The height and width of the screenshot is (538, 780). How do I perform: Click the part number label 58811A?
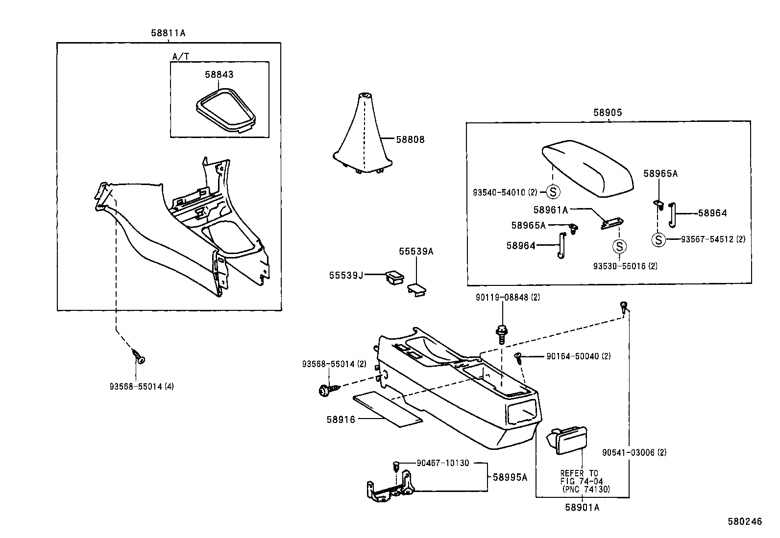168,33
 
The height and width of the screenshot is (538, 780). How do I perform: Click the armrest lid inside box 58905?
587,169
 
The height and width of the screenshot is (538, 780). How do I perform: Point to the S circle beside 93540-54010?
553,192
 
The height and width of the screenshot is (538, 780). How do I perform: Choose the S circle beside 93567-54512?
658,239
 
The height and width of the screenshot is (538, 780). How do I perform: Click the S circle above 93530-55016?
619,247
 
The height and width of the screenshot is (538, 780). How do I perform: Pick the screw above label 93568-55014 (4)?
138,357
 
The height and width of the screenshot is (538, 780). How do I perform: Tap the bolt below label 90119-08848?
501,334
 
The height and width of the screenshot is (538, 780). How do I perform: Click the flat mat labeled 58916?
388,409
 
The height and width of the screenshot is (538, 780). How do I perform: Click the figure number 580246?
745,521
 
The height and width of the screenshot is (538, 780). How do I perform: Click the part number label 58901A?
582,507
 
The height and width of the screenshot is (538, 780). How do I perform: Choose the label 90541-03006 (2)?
634,452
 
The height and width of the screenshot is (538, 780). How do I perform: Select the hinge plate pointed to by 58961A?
612,223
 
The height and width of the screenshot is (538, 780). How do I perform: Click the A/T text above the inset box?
181,56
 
